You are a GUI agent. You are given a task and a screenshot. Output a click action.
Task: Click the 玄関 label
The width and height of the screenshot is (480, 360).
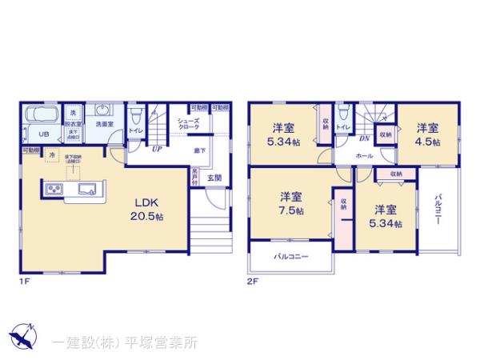pyautogui.click(x=215, y=177)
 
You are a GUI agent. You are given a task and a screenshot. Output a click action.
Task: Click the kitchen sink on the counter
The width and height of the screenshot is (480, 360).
pyautogui.click(x=87, y=190)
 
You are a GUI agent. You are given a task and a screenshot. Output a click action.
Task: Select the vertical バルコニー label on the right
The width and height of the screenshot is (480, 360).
pyautogui.click(x=438, y=210)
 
